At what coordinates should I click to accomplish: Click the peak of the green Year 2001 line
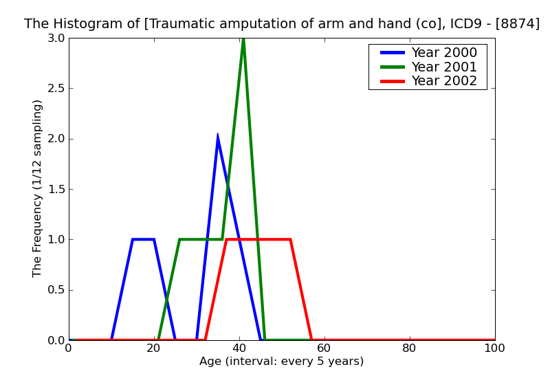point(243,39)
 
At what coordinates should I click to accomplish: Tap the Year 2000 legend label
point(443,53)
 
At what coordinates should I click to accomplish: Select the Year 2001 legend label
point(443,67)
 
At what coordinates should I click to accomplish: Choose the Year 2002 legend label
point(443,81)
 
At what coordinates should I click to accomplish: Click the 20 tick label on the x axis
point(154,348)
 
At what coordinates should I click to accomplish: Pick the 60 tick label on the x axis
point(324,348)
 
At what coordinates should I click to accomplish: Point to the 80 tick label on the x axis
point(410,348)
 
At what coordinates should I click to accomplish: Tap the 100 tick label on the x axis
point(494,348)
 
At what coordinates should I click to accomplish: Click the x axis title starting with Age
point(281,362)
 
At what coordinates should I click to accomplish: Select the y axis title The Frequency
point(38,188)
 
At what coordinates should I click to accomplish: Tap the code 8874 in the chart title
point(520,24)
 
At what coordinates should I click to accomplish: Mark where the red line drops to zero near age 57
point(311,340)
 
